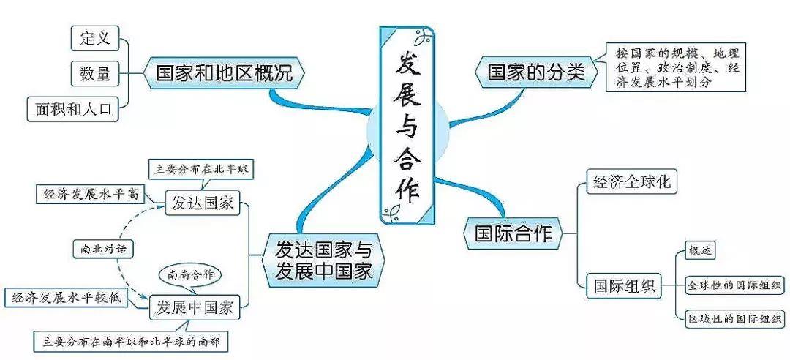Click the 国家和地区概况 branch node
[x=224, y=72]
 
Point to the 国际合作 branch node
[x=514, y=233]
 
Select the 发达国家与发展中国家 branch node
[x=323, y=260]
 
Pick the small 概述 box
[x=700, y=250]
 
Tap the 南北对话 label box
[x=103, y=249]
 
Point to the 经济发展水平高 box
[x=91, y=195]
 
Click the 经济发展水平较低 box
[x=67, y=297]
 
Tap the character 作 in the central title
[x=407, y=189]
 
